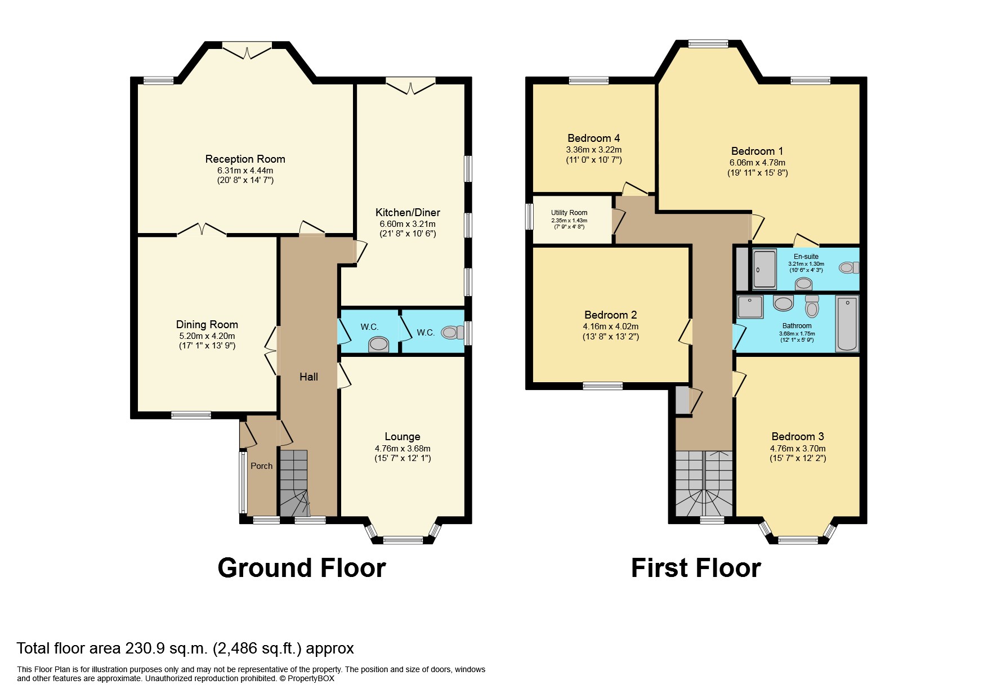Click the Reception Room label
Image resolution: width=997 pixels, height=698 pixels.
(245, 159)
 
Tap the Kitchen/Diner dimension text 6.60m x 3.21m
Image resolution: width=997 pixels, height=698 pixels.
(408, 224)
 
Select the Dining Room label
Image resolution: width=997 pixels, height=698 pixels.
(207, 325)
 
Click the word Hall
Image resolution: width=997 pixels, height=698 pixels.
(309, 377)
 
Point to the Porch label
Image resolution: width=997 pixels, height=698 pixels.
(261, 466)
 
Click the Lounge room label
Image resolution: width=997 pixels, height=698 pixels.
(403, 437)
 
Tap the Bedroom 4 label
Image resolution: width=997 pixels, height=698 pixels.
(594, 138)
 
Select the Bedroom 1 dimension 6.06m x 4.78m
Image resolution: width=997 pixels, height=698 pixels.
(757, 163)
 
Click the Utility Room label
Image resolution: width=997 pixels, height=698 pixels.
(569, 213)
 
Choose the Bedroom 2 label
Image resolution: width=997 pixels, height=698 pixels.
(611, 315)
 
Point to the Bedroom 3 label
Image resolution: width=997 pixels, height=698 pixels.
(798, 437)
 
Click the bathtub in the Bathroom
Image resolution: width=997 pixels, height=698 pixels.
(847, 324)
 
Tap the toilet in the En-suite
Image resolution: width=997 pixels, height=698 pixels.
(846, 268)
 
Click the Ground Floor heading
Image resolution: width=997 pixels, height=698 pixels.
(302, 568)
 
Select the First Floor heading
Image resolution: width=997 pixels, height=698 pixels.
(696, 568)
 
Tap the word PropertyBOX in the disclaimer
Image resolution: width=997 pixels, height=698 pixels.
(311, 678)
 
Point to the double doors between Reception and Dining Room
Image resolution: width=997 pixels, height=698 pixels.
(202, 230)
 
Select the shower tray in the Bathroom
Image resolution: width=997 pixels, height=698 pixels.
(750, 307)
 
